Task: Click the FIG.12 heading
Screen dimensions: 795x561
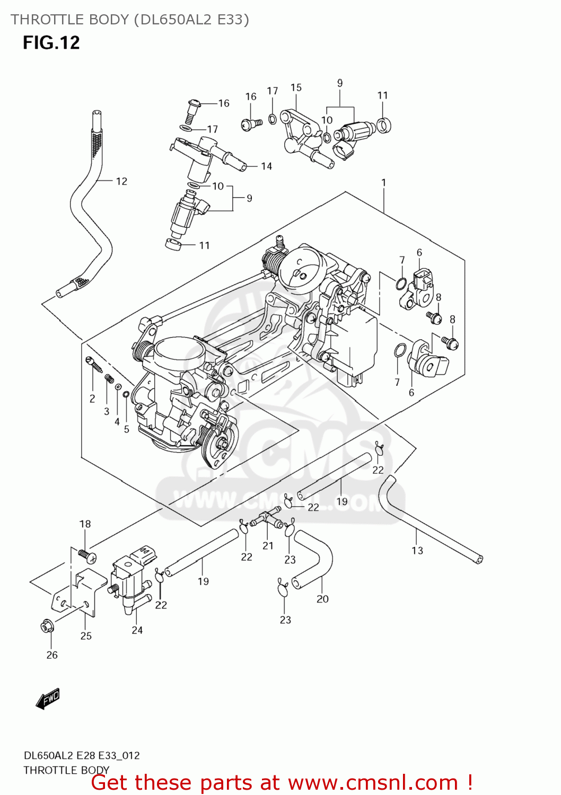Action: pos(51,42)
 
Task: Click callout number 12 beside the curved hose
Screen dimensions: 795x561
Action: pos(121,181)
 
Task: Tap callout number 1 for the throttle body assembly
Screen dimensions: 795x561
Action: pos(383,182)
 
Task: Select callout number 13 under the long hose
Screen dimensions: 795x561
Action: pos(417,551)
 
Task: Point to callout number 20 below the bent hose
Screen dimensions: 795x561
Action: pos(322,599)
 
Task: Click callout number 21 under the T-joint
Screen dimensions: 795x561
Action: pos(268,545)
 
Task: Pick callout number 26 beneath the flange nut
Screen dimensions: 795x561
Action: pos(52,655)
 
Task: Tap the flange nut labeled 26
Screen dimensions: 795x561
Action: pos(47,626)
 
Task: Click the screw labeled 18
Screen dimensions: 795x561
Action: pos(87,555)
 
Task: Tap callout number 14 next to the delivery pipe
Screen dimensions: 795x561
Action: pos(266,166)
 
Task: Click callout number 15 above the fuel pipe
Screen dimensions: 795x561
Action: pos(296,87)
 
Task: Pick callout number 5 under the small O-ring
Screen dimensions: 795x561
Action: pos(127,429)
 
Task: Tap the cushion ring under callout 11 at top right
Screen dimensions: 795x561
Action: pos(383,125)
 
